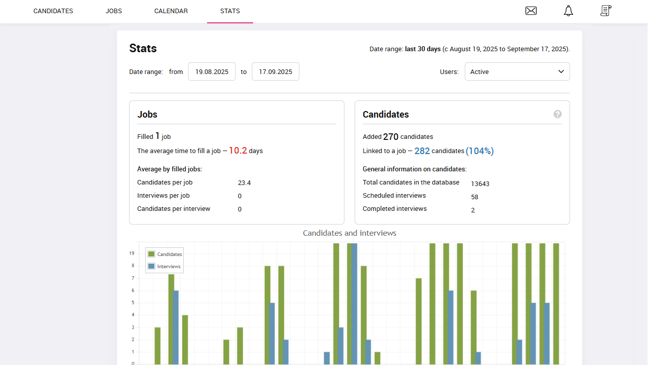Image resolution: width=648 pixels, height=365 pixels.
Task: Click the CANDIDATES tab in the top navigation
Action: point(53,11)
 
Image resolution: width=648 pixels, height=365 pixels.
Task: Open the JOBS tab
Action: point(114,11)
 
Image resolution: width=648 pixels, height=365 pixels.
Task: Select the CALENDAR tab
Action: point(171,11)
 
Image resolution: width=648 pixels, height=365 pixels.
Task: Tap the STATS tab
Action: point(230,11)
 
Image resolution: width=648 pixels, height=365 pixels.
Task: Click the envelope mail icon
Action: point(531,11)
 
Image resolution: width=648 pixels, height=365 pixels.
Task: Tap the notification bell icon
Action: point(569,11)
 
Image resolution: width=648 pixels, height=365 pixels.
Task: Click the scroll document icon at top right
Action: point(605,11)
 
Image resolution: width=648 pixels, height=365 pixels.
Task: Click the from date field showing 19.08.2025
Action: point(212,71)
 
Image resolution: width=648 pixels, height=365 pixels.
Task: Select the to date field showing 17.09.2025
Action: point(275,71)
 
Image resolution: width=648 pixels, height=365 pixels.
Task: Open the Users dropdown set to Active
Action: point(517,71)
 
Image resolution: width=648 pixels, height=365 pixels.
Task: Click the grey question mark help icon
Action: point(557,114)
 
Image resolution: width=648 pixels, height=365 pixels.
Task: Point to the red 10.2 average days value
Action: point(238,151)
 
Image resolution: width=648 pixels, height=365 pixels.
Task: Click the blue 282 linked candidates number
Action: point(422,151)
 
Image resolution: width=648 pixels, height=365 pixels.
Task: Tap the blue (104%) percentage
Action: point(479,151)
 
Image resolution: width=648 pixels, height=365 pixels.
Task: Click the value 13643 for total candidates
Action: point(480,184)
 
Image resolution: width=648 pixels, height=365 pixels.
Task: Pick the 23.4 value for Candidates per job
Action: point(244,182)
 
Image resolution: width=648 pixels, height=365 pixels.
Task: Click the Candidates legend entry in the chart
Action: point(165,254)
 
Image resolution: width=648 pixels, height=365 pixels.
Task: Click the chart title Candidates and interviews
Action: point(349,233)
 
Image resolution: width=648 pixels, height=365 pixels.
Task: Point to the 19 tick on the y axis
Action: point(132,253)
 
